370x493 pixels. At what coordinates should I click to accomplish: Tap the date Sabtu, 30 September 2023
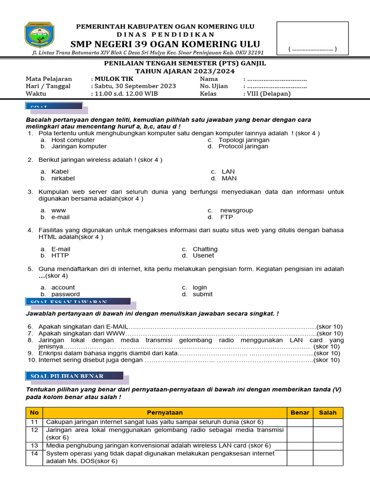[135, 86]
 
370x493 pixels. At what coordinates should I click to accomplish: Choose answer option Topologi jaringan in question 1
[244, 140]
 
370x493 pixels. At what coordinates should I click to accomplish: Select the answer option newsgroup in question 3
[236, 210]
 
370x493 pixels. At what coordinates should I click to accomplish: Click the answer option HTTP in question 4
[60, 256]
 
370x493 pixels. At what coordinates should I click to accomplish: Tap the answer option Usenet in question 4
[203, 256]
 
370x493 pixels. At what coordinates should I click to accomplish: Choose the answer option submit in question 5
[202, 294]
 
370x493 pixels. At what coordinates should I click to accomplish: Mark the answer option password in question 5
[66, 294]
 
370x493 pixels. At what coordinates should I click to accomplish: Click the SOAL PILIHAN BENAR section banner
[74, 376]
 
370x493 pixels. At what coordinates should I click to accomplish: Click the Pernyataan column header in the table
[165, 413]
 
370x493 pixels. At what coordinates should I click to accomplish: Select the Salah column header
[328, 413]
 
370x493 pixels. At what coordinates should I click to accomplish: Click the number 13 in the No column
[34, 446]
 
